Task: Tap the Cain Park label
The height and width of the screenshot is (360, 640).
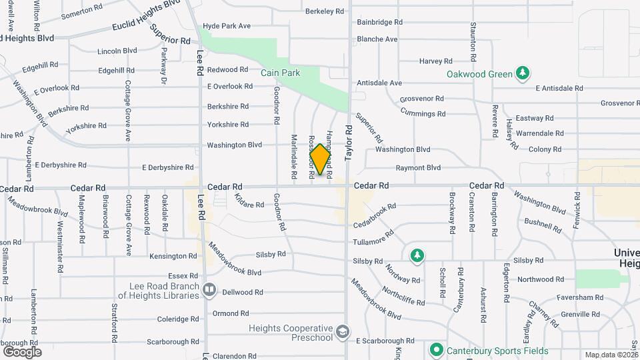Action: (280, 73)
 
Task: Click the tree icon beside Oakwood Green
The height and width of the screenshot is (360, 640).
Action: (523, 73)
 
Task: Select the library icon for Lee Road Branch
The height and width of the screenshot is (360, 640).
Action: (209, 290)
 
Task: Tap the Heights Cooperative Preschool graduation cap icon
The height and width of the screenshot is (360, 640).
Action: (342, 332)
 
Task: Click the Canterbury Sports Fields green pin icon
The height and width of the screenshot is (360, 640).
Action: (436, 349)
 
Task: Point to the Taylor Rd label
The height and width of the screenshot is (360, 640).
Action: (348, 142)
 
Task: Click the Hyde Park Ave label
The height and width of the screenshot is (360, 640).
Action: (227, 25)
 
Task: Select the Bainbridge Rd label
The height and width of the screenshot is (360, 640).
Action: (379, 22)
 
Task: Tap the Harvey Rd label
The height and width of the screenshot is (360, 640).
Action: (437, 61)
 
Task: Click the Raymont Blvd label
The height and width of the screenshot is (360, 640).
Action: (418, 168)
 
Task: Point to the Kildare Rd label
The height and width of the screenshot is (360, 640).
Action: (249, 201)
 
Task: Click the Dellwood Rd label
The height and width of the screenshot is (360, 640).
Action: (243, 292)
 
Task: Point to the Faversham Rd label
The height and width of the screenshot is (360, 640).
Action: (580, 297)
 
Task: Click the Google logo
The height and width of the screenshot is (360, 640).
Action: (22, 351)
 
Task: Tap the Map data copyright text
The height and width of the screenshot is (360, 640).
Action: (611, 355)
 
